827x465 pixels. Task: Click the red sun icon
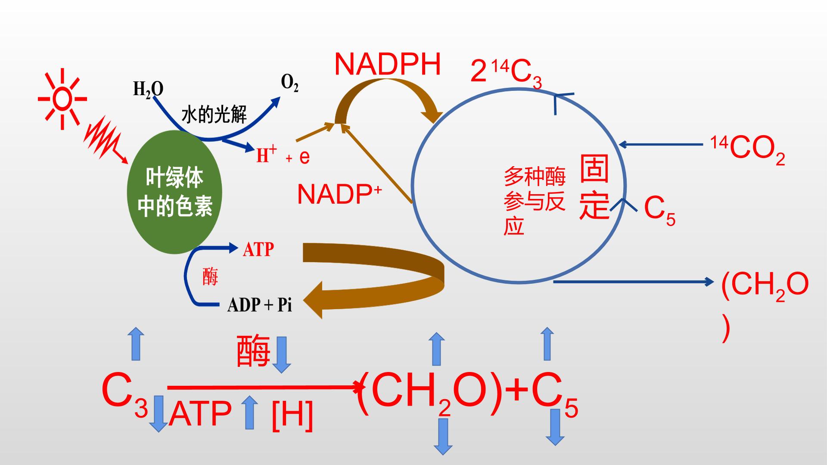point(62,99)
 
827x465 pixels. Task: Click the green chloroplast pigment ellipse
point(174,192)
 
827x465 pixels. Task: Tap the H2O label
point(148,90)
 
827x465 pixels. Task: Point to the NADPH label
point(388,65)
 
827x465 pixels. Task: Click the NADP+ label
point(339,194)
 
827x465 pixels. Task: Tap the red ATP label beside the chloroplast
point(258,249)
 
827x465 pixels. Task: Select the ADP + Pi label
point(260,305)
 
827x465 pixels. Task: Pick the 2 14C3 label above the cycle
point(506,73)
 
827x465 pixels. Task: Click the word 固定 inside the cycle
point(595,187)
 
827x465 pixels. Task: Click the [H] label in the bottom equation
point(292,415)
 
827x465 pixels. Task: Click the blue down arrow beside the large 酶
point(282,354)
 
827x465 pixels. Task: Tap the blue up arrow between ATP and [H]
point(249,412)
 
